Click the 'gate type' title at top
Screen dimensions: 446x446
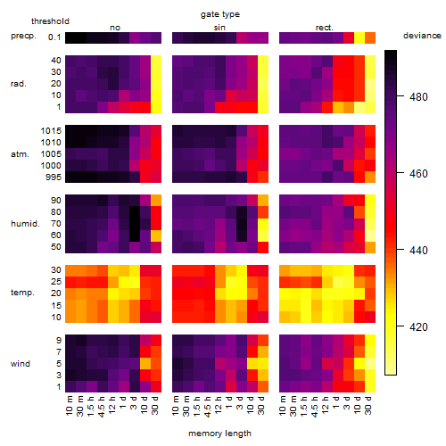pos(220,14)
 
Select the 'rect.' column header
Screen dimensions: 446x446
pos(324,28)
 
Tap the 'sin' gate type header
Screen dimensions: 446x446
pos(219,28)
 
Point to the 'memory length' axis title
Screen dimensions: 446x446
pos(219,434)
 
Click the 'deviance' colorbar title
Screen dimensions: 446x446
pos(422,36)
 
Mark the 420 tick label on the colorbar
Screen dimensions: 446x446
pos(418,327)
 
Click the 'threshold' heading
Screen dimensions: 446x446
pos(50,21)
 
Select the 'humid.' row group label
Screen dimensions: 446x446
pos(25,224)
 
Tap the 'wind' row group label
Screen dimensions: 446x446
pos(21,364)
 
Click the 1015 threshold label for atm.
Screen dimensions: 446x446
pos(51,131)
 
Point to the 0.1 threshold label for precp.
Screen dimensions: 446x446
pos(54,37)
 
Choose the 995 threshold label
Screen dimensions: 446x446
pos(54,178)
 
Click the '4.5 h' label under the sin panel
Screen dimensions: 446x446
pos(208,407)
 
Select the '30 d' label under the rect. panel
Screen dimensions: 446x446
pos(368,406)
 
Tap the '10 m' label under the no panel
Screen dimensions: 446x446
pos(69,406)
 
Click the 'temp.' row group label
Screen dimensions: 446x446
pos(22,293)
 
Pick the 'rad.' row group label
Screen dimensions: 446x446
pos(19,84)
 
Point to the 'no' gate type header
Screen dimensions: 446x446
pos(115,28)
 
